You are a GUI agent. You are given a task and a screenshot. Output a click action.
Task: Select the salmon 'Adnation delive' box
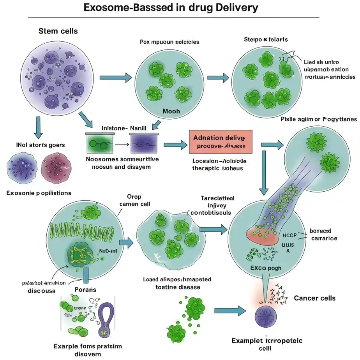click(221, 142)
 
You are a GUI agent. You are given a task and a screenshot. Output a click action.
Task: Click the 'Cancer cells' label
click(315, 298)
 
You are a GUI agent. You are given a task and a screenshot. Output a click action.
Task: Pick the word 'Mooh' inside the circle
click(171, 111)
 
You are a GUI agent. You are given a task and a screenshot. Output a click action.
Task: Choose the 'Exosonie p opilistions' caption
click(39, 193)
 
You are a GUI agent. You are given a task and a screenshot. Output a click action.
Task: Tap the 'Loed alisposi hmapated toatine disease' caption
click(172, 283)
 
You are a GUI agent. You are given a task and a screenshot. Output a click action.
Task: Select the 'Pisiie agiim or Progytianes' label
click(319, 119)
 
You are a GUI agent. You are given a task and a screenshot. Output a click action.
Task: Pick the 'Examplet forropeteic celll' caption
click(267, 344)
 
